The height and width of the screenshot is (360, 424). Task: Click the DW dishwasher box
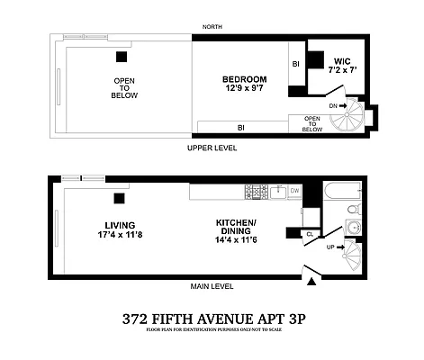coord(293,192)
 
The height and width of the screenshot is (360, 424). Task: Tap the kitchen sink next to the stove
coord(275,192)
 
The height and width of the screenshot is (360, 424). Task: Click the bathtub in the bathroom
coord(342,192)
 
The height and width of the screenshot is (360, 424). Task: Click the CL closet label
coord(309,234)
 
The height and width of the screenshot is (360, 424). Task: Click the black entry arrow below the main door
coord(313,283)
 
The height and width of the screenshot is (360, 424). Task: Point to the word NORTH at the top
coord(212,27)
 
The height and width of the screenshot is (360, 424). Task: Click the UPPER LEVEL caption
coord(212,147)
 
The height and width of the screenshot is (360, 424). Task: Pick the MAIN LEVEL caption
coord(212,287)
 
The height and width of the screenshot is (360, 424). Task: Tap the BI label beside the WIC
coord(295,64)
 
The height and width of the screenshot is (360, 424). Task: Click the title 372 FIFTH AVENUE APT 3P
coord(212,317)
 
